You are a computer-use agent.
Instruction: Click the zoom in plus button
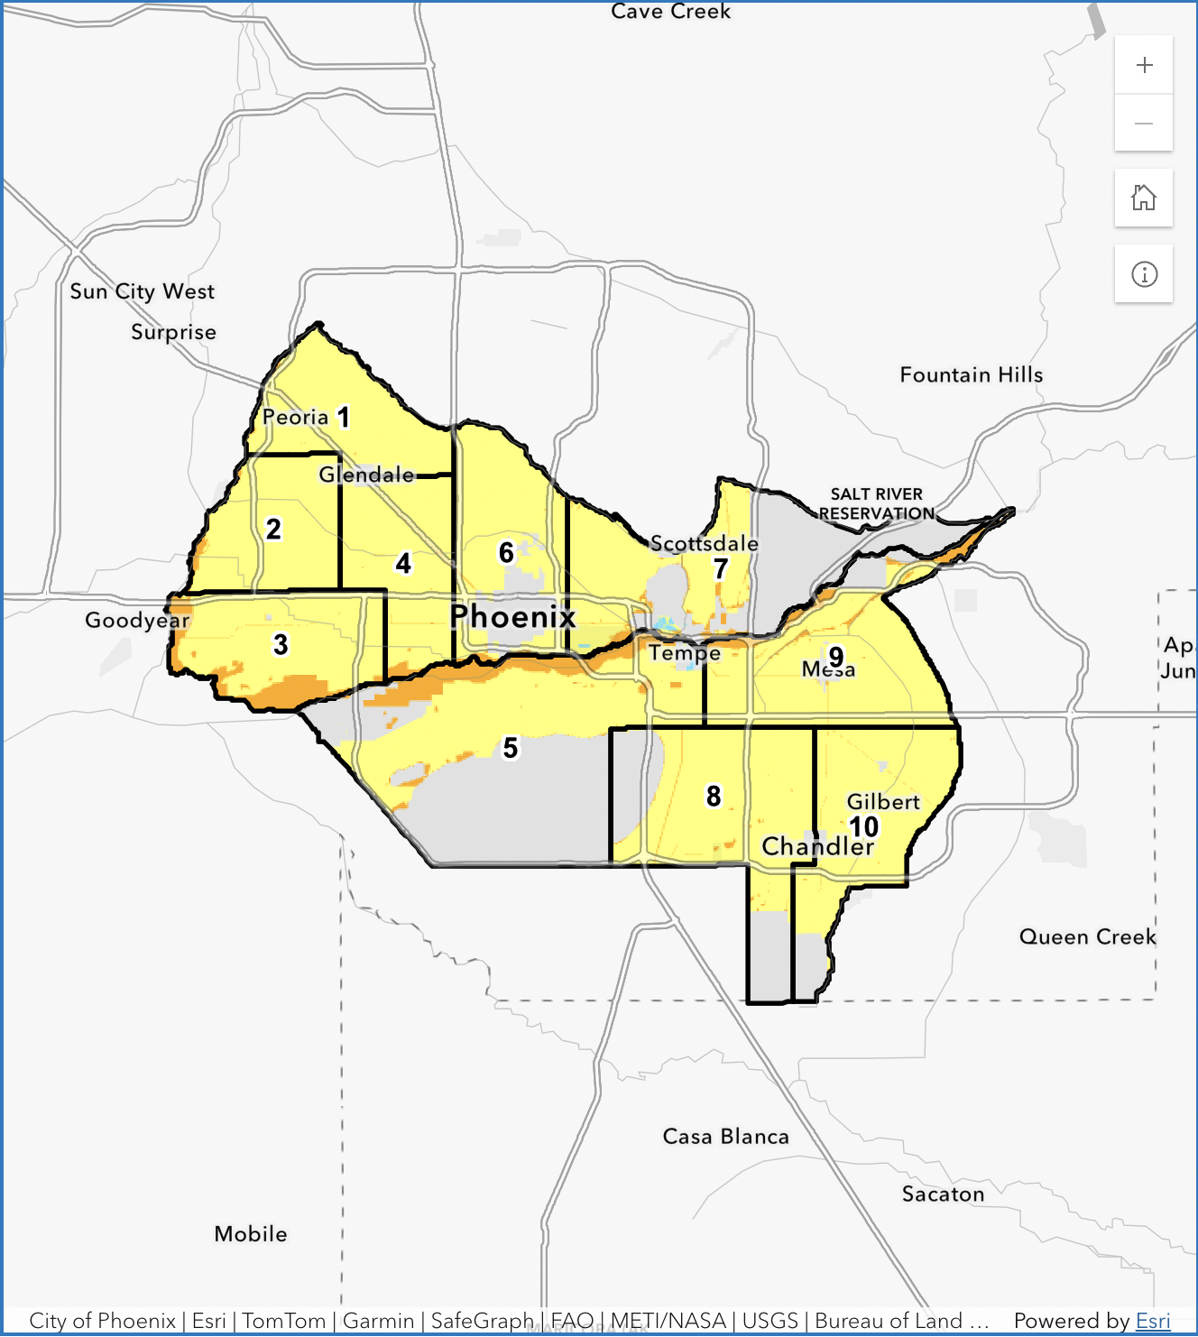click(x=1144, y=65)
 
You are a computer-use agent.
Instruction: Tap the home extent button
click(x=1144, y=198)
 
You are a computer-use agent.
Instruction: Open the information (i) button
click(x=1144, y=274)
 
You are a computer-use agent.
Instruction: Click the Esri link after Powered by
click(x=1152, y=1321)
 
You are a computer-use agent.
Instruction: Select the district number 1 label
click(x=343, y=417)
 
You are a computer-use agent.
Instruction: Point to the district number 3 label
click(x=281, y=644)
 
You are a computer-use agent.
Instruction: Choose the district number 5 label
click(x=511, y=747)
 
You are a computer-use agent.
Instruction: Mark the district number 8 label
click(x=714, y=796)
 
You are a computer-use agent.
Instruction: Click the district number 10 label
click(x=864, y=826)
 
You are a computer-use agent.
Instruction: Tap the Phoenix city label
click(x=512, y=616)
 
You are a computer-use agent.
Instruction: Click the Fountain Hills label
click(x=971, y=374)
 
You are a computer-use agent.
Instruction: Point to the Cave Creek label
click(x=670, y=12)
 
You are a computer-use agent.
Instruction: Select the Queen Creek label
click(x=1087, y=936)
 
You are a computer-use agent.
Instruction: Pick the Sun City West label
click(x=143, y=291)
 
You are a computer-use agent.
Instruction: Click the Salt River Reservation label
click(x=876, y=503)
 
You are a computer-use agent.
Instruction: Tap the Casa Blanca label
click(x=725, y=1137)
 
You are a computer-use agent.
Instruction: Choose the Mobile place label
click(x=251, y=1234)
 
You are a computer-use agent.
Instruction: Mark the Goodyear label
click(x=137, y=620)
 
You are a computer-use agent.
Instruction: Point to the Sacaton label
click(x=943, y=1194)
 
